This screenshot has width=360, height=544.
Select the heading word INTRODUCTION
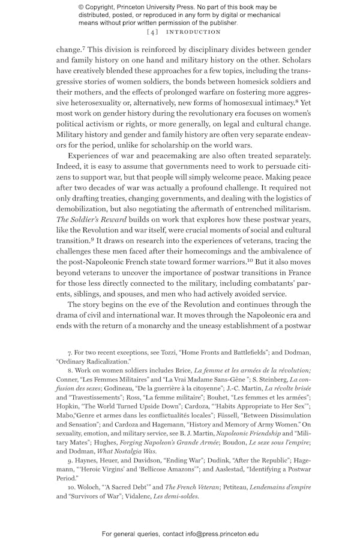tap(193, 32)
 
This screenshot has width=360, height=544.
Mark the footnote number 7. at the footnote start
tap(70, 353)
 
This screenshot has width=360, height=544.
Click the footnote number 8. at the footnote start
tap(70, 373)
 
